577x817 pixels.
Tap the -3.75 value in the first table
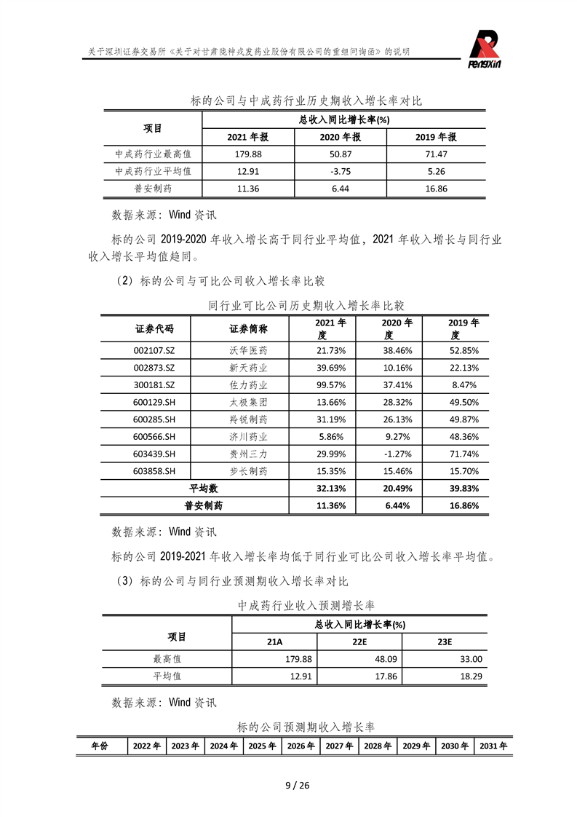(x=341, y=172)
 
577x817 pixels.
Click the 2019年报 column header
(x=436, y=137)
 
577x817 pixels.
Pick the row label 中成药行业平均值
(x=154, y=172)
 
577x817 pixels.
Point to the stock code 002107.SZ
(x=155, y=350)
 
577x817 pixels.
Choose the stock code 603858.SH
(x=155, y=471)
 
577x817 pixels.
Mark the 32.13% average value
(x=331, y=488)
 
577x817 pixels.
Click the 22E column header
(x=359, y=642)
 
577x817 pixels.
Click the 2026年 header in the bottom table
(x=301, y=746)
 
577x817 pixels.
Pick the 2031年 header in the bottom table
(x=493, y=746)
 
